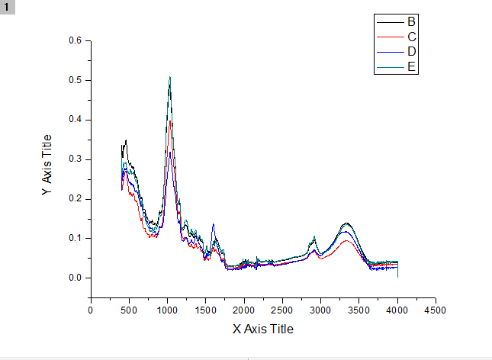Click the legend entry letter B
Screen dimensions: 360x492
coord(411,21)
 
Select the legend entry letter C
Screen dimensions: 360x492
coord(411,37)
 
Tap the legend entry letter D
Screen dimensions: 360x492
coord(411,51)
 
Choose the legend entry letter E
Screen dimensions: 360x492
coord(411,66)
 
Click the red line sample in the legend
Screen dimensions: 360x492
coord(389,37)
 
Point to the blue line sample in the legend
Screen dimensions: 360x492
coord(389,51)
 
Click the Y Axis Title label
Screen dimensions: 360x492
coord(47,166)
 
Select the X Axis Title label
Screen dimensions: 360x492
coord(262,329)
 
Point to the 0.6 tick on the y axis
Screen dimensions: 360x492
coord(76,40)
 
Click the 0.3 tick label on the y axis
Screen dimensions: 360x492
coord(76,159)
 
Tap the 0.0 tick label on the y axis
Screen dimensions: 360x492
coord(76,278)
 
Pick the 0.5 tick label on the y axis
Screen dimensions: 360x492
coord(76,80)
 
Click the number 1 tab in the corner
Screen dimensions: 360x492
coord(8,6)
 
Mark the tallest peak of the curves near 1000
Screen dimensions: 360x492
coord(169,77)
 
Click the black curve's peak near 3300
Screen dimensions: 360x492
coord(347,223)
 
